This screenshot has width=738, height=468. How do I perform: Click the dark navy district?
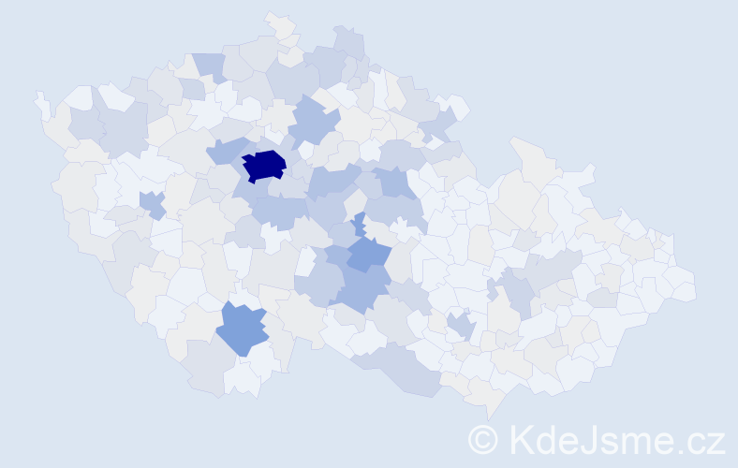click(264, 165)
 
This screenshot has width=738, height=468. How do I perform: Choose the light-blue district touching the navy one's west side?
click(225, 150)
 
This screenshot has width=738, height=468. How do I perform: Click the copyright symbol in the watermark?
click(483, 439)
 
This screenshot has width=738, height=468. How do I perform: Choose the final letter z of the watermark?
click(716, 441)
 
